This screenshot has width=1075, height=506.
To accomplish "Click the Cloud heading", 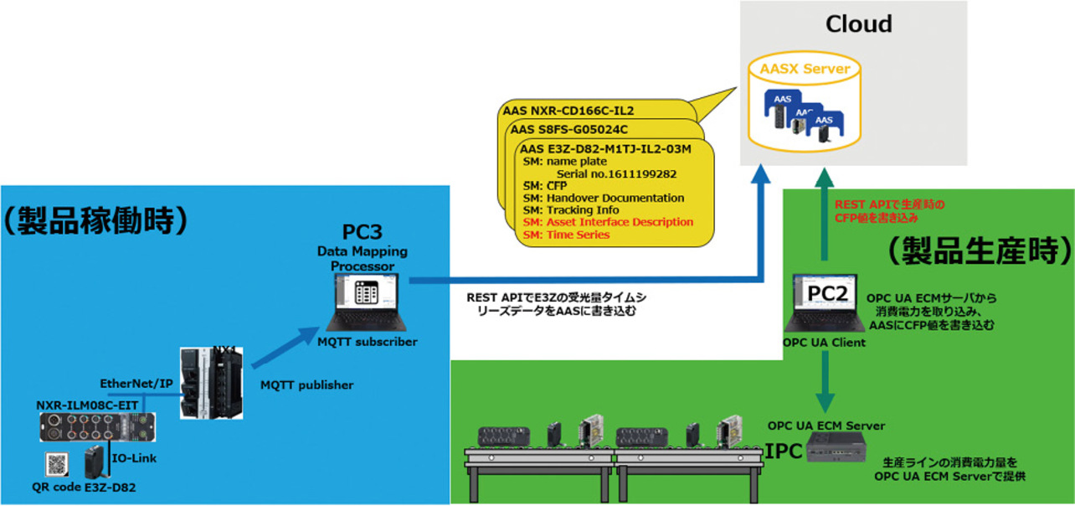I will [x=858, y=24].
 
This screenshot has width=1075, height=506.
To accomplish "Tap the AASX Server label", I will [x=799, y=69].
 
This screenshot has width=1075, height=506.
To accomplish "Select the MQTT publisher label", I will [x=308, y=385].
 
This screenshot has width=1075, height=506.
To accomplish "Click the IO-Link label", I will [x=135, y=458].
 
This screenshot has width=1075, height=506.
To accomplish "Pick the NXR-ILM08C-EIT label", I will [x=86, y=405].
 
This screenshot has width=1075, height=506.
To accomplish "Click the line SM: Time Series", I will [x=566, y=235].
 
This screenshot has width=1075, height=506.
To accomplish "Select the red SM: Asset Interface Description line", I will [x=608, y=222].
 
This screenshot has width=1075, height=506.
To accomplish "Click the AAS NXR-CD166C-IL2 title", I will [x=568, y=110].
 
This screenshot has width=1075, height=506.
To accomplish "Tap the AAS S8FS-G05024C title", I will [x=568, y=130].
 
